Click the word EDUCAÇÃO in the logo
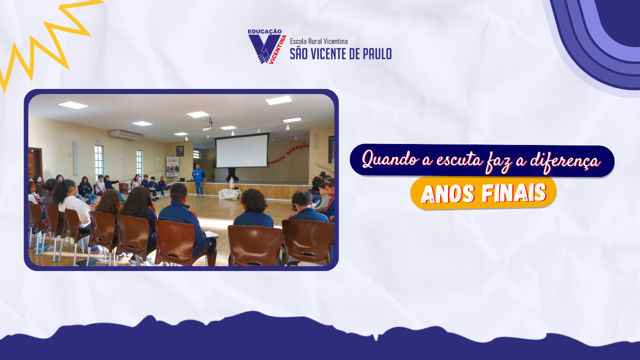point(264,31)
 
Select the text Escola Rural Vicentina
point(318,41)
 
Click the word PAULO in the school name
point(377,53)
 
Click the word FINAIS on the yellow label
point(514,193)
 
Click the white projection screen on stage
point(242,150)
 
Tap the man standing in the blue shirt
point(198,180)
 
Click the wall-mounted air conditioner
point(125,134)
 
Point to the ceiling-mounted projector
point(209,126)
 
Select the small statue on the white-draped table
point(231,183)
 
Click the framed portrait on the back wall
point(179,151)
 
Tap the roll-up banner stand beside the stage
point(172,166)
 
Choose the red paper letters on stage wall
point(288,154)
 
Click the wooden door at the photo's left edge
point(35,163)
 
